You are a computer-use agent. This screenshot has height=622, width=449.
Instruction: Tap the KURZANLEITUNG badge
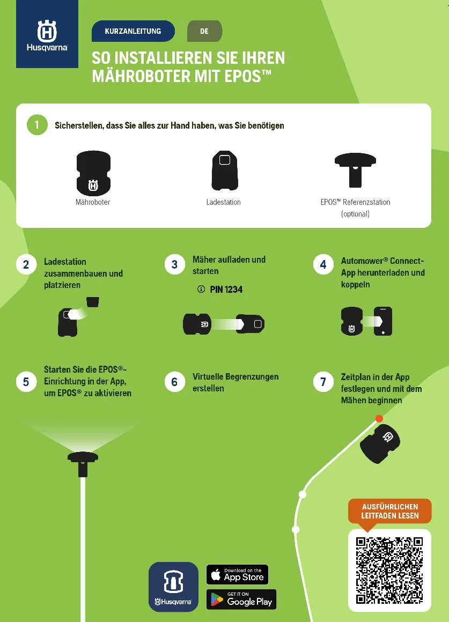tap(133, 31)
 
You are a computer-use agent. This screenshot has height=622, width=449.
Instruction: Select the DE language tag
tap(204, 31)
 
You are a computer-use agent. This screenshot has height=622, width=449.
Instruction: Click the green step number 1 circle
tap(37, 125)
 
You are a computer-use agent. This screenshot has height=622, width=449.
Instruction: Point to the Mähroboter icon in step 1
tap(93, 173)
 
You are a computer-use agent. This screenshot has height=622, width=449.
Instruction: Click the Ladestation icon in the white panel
tap(225, 171)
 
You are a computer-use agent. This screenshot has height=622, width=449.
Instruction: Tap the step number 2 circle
tap(26, 264)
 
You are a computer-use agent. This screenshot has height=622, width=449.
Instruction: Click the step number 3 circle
tap(175, 264)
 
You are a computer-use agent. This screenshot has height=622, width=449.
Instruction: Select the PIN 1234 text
tap(226, 290)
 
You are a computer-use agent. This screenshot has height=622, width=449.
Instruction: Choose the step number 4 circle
tap(323, 264)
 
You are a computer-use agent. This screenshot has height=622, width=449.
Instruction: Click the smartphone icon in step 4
tap(382, 321)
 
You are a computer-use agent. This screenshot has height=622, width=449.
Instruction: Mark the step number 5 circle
tap(26, 382)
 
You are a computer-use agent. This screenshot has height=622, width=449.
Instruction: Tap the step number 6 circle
tap(175, 382)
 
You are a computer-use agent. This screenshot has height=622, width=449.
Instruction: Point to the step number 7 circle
tap(323, 382)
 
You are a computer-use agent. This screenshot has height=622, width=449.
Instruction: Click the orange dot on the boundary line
tap(379, 418)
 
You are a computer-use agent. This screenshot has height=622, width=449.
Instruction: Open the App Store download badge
tap(238, 574)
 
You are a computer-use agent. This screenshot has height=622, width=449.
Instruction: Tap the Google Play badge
tap(241, 599)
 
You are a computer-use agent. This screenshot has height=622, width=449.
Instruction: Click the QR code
tap(389, 571)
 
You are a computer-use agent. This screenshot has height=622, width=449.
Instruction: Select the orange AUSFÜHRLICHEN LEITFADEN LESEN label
tap(389, 512)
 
